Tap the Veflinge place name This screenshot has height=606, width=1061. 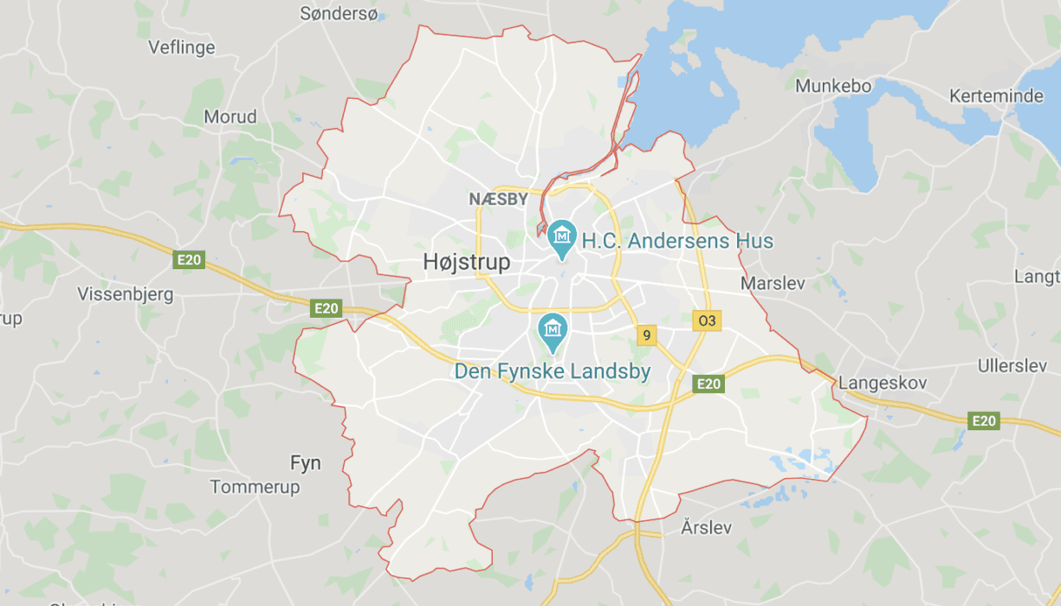click(182, 47)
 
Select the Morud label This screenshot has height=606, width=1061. click(230, 116)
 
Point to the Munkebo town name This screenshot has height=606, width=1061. click(833, 86)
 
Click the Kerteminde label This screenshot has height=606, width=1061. click(996, 95)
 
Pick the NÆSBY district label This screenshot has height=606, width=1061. click(498, 199)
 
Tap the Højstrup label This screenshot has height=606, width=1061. click(467, 261)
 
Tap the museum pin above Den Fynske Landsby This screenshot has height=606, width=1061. click(552, 330)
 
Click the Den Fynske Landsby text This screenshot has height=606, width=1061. click(553, 371)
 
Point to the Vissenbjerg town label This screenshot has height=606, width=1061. click(126, 294)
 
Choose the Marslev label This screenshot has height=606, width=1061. click(773, 283)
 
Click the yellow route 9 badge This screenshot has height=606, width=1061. click(645, 335)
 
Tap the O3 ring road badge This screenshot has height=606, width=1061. click(708, 320)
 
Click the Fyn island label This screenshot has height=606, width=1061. click(305, 463)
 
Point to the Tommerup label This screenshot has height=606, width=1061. click(256, 487)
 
